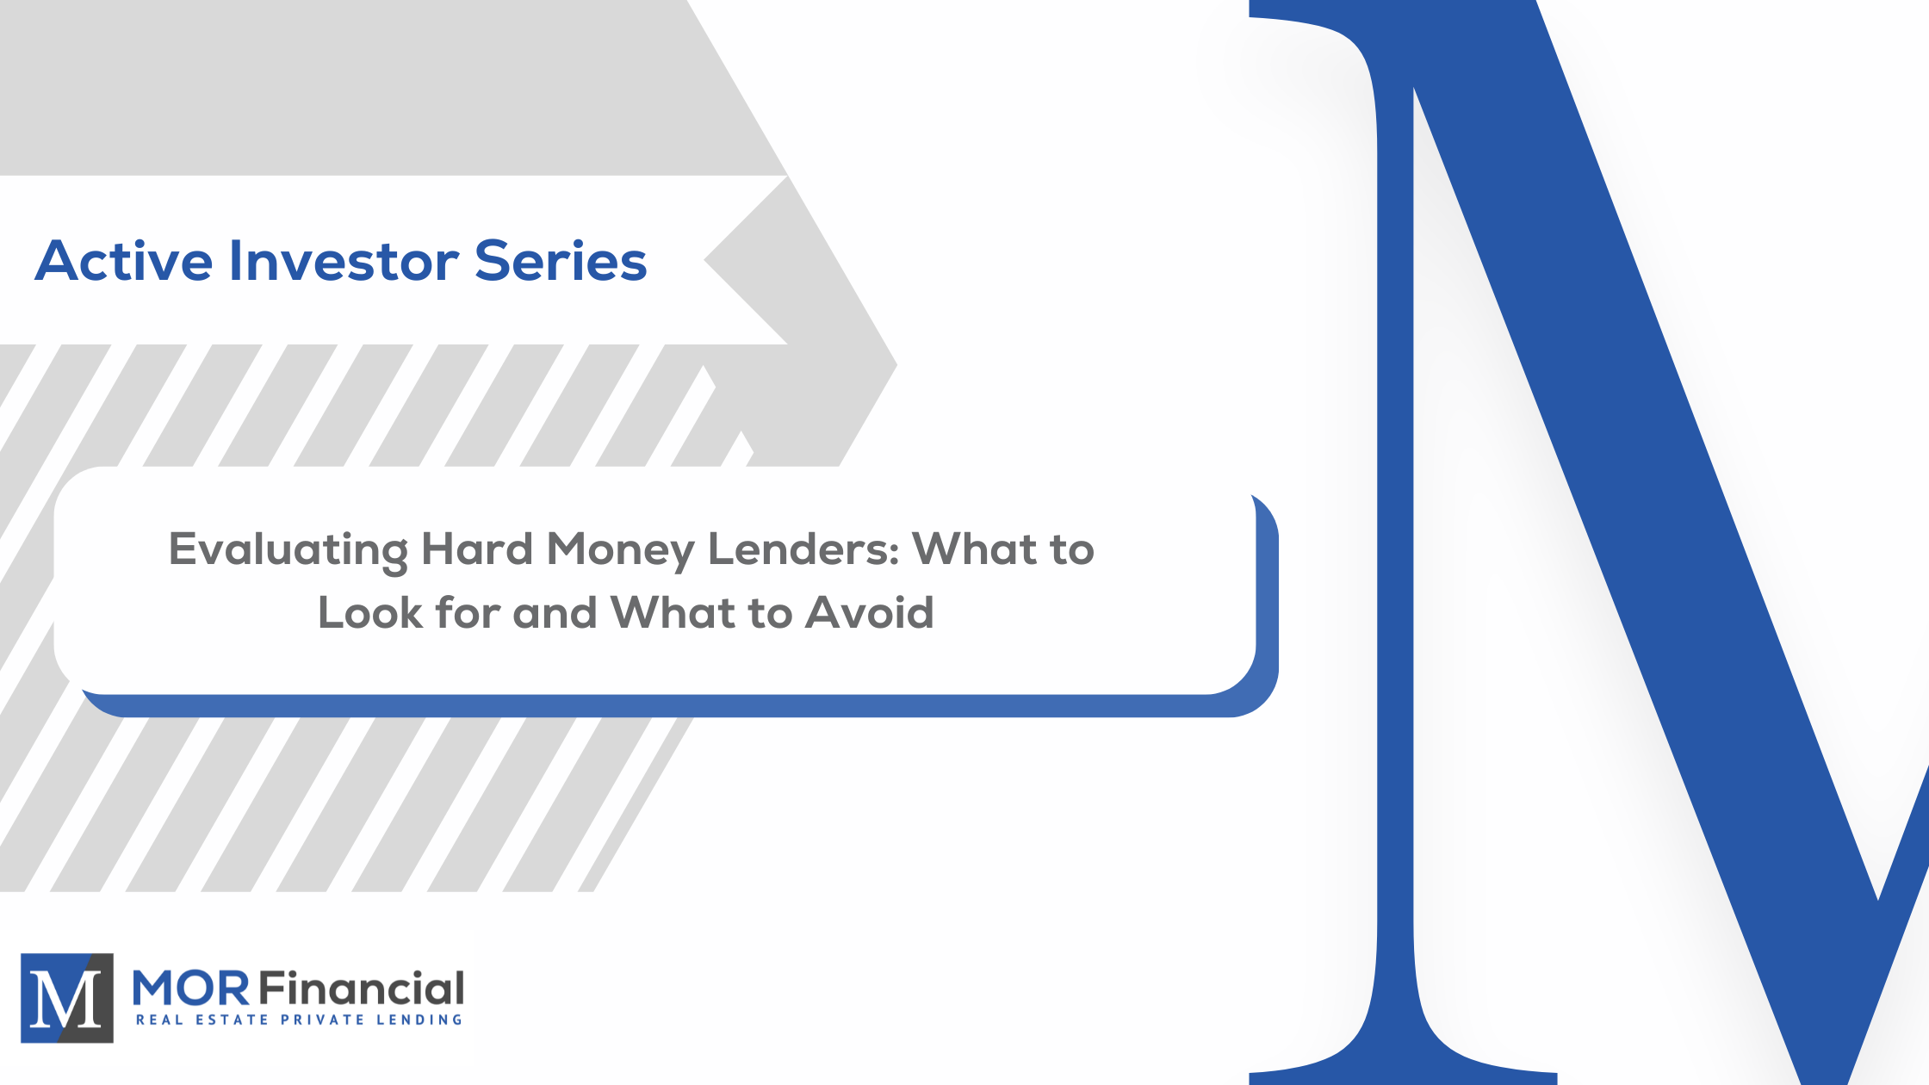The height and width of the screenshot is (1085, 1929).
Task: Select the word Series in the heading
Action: click(561, 261)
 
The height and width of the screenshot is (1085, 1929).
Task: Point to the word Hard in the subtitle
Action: click(477, 549)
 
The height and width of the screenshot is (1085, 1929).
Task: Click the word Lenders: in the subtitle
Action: click(803, 549)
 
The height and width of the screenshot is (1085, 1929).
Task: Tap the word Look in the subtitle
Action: click(370, 613)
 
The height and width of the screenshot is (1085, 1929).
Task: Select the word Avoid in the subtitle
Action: click(870, 613)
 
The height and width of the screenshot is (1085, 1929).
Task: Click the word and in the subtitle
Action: click(555, 613)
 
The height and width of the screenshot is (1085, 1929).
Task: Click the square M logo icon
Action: click(67, 998)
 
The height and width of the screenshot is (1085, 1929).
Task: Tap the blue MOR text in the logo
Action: click(191, 989)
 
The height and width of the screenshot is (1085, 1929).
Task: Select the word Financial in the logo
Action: click(362, 989)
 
